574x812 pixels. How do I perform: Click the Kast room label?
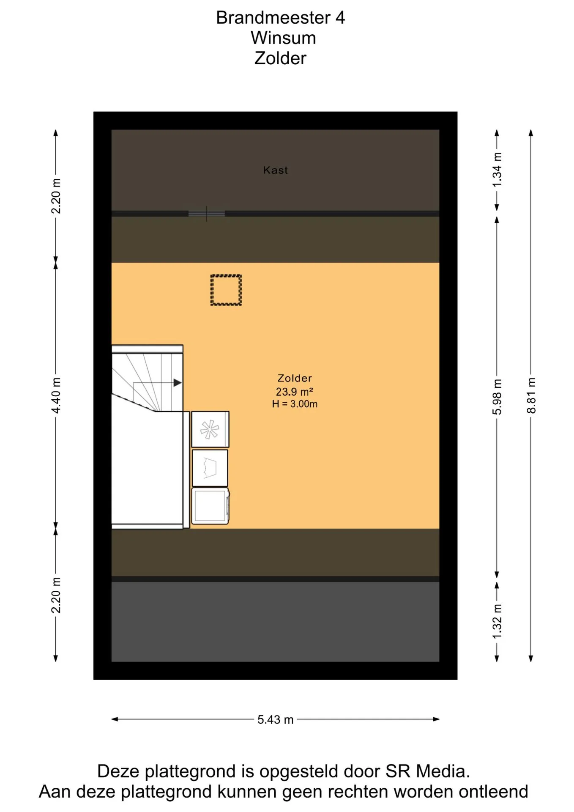click(x=275, y=170)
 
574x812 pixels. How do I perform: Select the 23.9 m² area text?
click(x=295, y=392)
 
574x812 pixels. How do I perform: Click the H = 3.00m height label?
click(x=295, y=404)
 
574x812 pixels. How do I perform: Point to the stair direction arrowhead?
click(x=178, y=383)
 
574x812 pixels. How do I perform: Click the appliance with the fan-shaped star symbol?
click(x=210, y=429)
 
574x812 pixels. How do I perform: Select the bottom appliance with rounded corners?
click(x=210, y=506)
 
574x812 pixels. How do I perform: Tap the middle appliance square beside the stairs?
click(x=210, y=468)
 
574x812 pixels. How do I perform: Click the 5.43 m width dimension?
click(x=276, y=719)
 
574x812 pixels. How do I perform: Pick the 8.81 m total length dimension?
click(x=531, y=395)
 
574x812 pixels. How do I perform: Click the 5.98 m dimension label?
click(x=497, y=396)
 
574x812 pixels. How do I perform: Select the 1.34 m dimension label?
click(x=497, y=170)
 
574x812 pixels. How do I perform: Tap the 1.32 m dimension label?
click(x=497, y=621)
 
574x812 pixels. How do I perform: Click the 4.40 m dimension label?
click(x=56, y=395)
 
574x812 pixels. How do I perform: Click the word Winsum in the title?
click(x=283, y=38)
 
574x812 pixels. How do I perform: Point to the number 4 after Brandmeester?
click(x=340, y=18)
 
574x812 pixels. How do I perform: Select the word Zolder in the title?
click(x=280, y=58)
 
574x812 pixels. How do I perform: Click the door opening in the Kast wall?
click(x=206, y=214)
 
